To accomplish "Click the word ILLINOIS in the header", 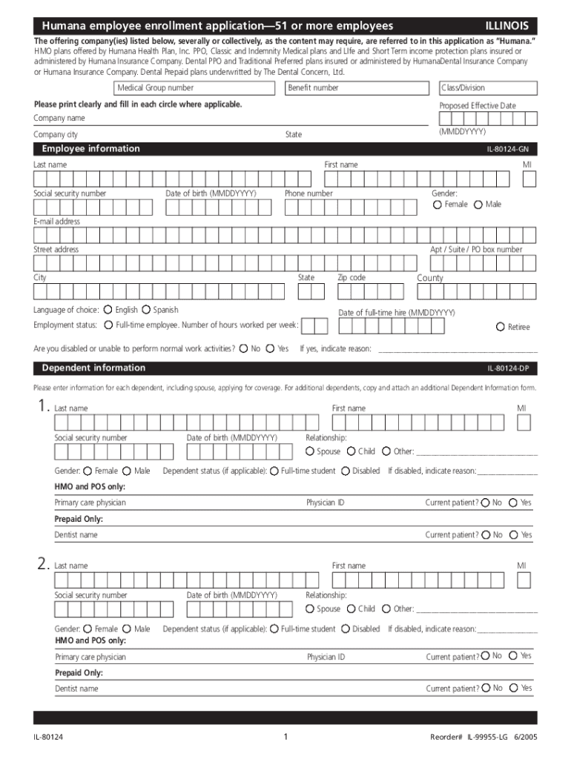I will click(x=506, y=25).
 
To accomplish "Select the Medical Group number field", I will click(x=197, y=88).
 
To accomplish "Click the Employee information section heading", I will click(x=90, y=149).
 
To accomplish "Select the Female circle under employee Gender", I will click(x=438, y=205).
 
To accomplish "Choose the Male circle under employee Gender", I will click(x=478, y=205).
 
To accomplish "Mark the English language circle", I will click(x=108, y=310).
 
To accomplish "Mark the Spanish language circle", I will click(x=146, y=310).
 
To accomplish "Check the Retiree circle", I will click(x=501, y=327).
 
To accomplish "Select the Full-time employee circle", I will click(x=108, y=325).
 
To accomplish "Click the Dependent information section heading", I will click(x=93, y=368).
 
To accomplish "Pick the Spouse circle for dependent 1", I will click(x=310, y=451).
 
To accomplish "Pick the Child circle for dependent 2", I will click(x=351, y=609).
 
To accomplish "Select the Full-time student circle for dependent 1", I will click(x=274, y=471).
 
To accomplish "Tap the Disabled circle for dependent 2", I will click(x=346, y=629).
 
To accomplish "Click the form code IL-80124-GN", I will click(x=507, y=150).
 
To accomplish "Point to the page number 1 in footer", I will click(x=285, y=737).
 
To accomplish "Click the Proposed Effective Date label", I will click(x=477, y=106).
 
